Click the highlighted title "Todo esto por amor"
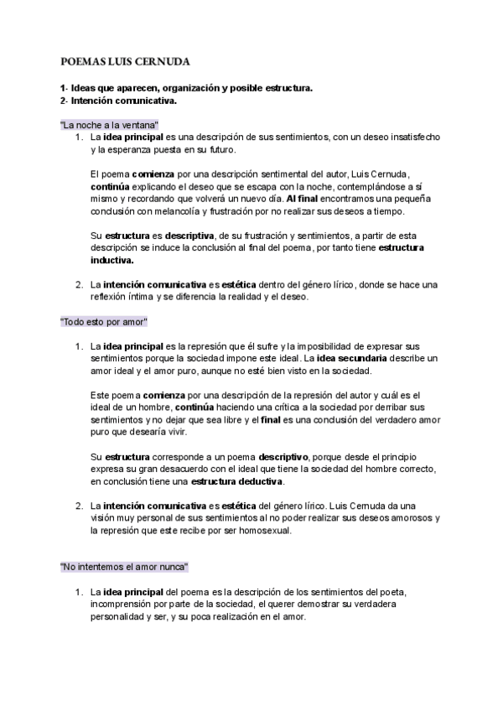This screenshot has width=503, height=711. pyautogui.click(x=105, y=322)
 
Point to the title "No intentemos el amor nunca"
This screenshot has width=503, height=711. pyautogui.click(x=124, y=567)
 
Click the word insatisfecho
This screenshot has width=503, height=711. pyautogui.click(x=415, y=137)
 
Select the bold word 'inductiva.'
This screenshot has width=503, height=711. pyautogui.click(x=111, y=260)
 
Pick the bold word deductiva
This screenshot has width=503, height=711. pyautogui.click(x=260, y=482)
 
